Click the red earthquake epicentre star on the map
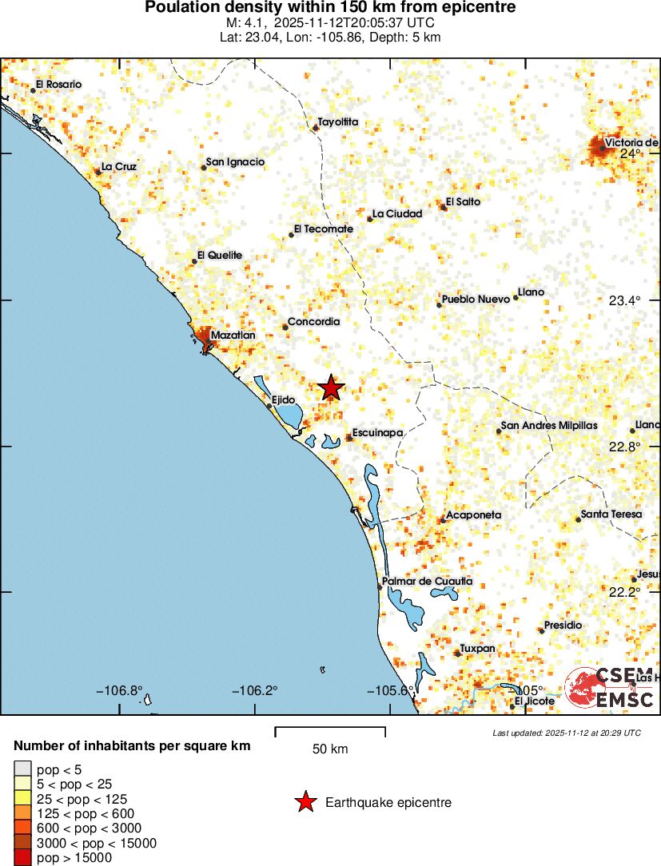[331, 387]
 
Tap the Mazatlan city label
[233, 336]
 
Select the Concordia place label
[314, 322]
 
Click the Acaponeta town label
[473, 515]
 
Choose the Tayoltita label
[338, 122]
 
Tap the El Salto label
[464, 202]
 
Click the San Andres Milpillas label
[549, 426]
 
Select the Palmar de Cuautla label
[428, 581]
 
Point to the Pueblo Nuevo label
[476, 299]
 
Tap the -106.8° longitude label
[120, 690]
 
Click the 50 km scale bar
[330, 729]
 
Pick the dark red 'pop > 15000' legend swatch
[22, 858]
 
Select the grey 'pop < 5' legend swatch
[22, 769]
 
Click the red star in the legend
[305, 802]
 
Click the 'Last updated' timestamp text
[567, 733]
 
